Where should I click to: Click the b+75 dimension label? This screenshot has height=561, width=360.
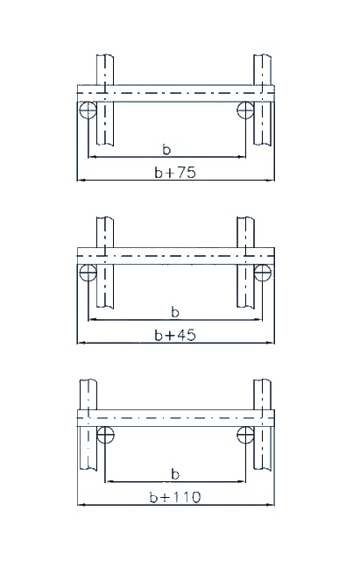click(x=175, y=173)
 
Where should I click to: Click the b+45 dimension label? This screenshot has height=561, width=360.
click(x=175, y=335)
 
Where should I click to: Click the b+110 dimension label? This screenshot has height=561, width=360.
click(x=175, y=497)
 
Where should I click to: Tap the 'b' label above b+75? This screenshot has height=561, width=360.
click(x=166, y=149)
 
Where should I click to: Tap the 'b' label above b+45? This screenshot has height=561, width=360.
click(x=175, y=312)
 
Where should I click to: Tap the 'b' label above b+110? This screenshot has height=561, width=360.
click(x=175, y=474)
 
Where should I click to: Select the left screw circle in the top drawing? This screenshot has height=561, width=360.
click(x=88, y=110)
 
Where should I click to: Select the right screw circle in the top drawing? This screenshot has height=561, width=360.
click(x=245, y=110)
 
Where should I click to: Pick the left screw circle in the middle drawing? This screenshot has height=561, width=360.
click(x=88, y=273)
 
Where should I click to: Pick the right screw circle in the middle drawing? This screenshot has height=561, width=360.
click(x=263, y=273)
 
